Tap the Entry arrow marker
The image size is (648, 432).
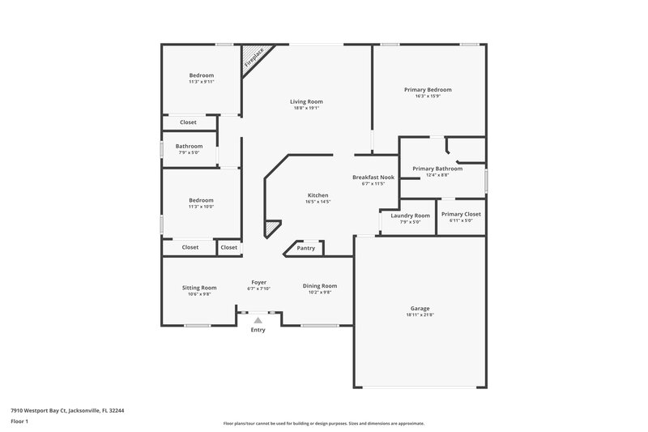click(258, 321)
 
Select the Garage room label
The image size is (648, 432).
click(420, 309)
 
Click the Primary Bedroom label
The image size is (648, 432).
click(428, 89)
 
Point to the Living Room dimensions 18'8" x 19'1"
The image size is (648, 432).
click(307, 108)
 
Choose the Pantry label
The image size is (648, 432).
click(305, 248)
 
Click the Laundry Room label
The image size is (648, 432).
click(410, 215)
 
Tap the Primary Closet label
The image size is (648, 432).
click(461, 214)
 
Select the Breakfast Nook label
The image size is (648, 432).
click(373, 177)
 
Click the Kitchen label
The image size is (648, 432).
click(317, 195)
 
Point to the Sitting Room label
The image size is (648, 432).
click(198, 287)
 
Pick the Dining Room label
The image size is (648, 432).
click(320, 285)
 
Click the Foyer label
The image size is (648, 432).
click(259, 282)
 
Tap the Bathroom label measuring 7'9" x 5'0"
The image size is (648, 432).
click(189, 146)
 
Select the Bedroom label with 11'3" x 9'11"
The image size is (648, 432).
click(201, 75)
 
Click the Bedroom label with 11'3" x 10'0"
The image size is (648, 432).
click(201, 200)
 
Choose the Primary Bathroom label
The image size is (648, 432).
click(437, 168)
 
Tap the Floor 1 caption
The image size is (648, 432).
click(19, 422)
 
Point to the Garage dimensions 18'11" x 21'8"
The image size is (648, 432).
click(420, 315)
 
